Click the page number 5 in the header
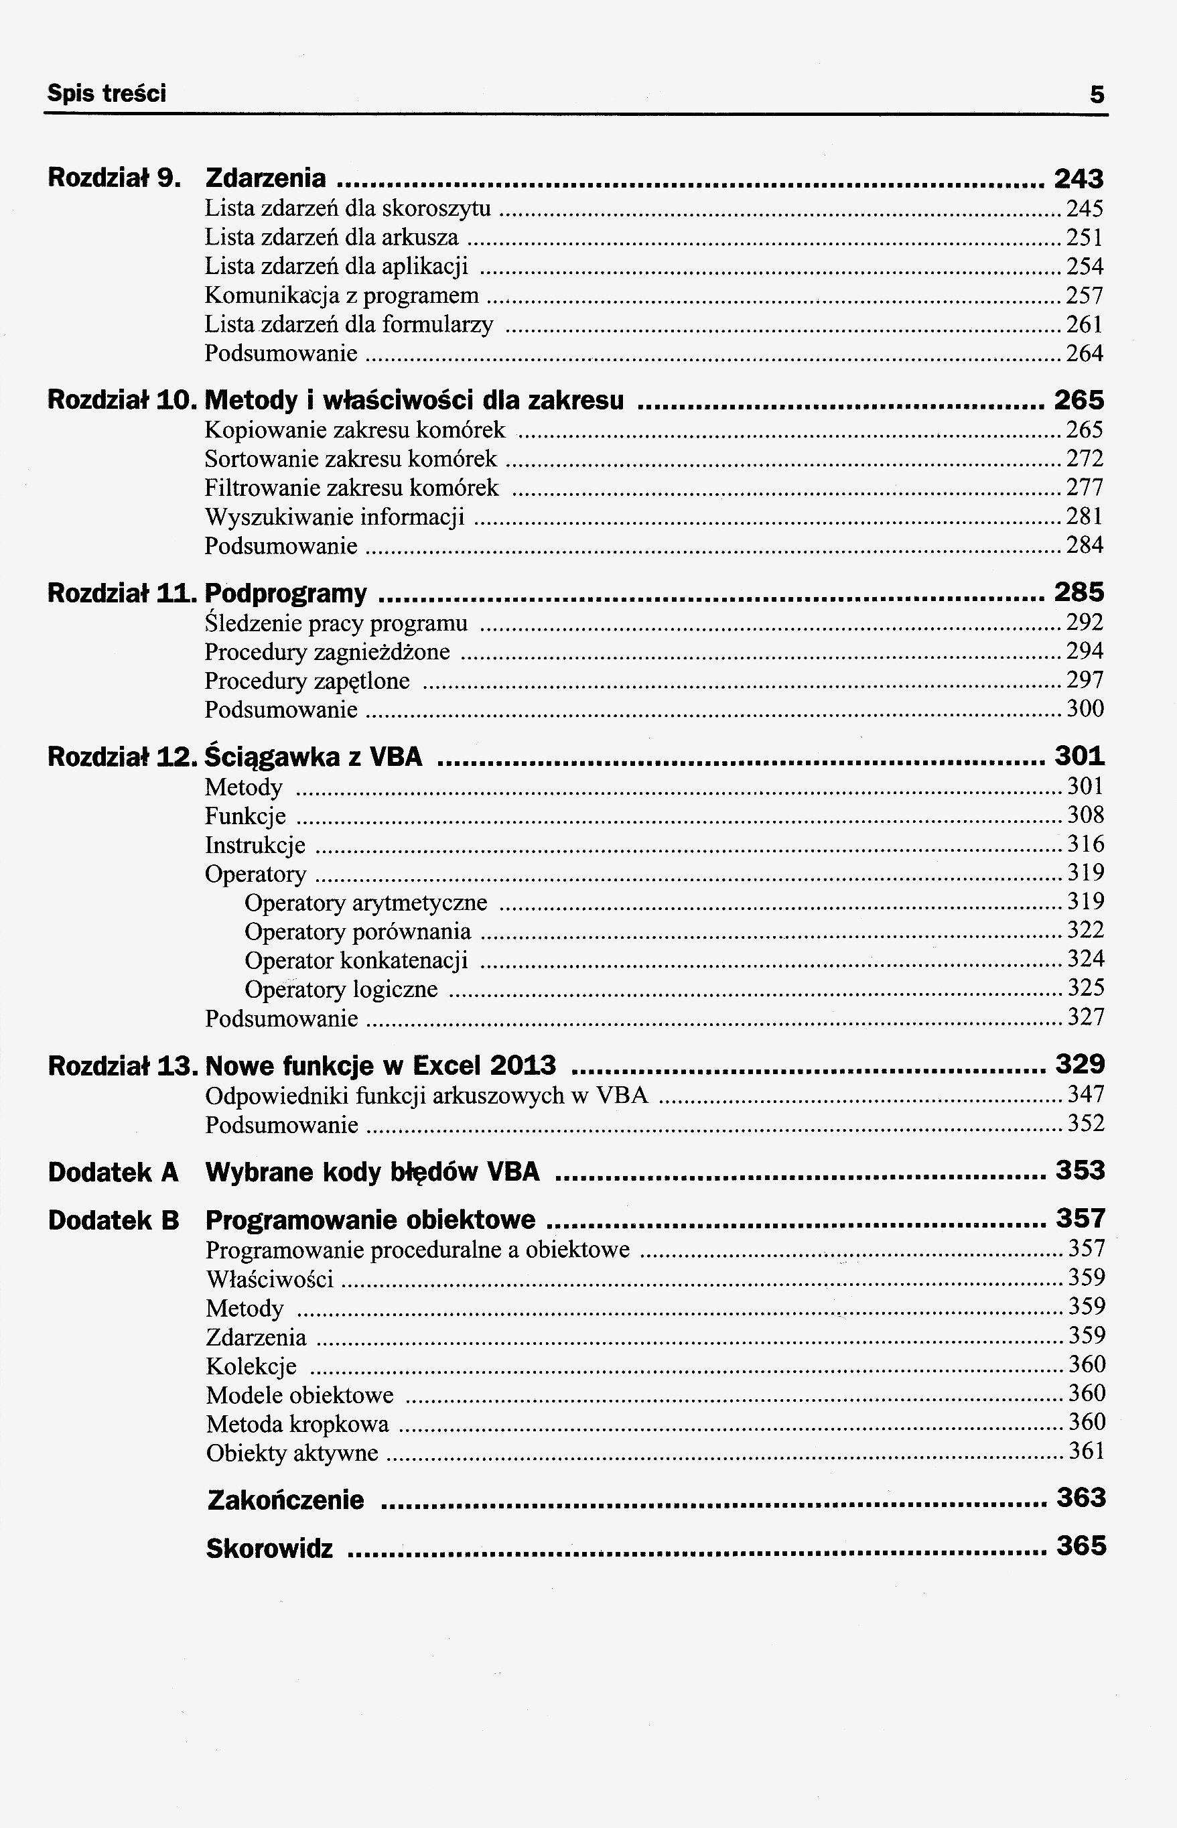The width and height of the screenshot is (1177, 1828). point(1097,94)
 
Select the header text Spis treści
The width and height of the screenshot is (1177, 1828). point(107,94)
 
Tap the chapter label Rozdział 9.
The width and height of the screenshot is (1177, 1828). point(114,178)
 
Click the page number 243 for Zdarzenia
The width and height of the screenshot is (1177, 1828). point(1079,179)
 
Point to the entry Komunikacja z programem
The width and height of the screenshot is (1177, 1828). point(342,295)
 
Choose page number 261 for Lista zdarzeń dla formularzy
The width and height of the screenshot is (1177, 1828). point(1085,325)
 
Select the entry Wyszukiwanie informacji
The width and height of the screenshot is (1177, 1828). point(335,517)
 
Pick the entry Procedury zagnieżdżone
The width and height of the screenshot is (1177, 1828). point(327,652)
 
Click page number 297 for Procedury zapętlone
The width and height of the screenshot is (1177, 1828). point(1085,679)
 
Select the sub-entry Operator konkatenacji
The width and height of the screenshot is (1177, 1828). point(356,961)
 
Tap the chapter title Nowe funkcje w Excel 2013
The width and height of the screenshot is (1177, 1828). point(380,1065)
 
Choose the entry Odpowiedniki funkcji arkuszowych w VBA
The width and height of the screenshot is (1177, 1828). point(427,1096)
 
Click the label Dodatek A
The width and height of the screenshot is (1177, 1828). point(113,1172)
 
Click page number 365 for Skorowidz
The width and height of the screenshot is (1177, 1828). point(1081,1546)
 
